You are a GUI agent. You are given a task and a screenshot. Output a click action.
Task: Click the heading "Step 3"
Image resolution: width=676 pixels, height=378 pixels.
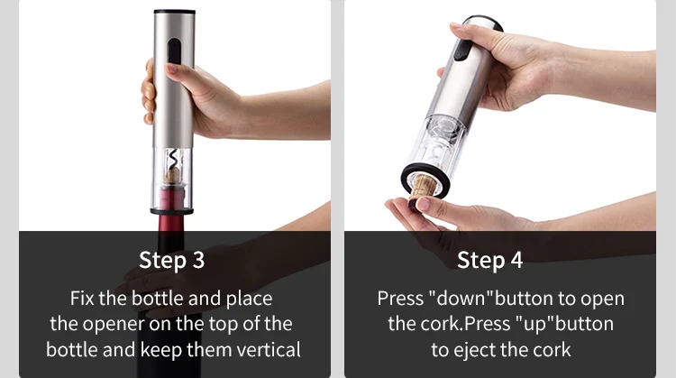click(171, 260)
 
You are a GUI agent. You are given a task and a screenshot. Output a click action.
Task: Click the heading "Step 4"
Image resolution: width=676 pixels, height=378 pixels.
click(489, 260)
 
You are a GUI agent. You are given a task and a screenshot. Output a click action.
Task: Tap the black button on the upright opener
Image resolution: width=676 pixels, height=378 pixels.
click(174, 51)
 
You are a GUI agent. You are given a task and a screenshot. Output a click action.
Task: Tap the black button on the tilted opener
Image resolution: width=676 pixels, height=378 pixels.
click(463, 50)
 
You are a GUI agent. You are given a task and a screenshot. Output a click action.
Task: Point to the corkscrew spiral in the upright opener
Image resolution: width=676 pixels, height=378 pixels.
click(173, 159)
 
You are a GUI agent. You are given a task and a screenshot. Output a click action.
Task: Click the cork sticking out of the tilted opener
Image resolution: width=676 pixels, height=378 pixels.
click(421, 189)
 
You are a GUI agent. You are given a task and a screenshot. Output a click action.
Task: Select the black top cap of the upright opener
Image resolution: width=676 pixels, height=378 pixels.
click(175, 12)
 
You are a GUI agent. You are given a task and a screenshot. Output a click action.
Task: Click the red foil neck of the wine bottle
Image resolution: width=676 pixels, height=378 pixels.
click(172, 211)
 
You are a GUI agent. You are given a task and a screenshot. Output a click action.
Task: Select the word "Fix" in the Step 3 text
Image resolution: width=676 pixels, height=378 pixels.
click(82, 299)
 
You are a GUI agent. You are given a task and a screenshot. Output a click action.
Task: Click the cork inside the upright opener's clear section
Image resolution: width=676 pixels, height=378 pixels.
click(173, 176)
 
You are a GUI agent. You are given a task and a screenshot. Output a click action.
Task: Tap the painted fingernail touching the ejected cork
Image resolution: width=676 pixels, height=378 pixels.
click(423, 204)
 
